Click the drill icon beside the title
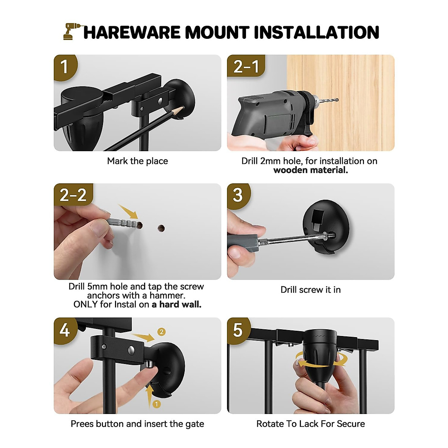[71, 31]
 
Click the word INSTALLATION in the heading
[317, 32]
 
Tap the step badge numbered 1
[65, 67]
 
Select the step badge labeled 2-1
[246, 66]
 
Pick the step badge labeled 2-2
[73, 195]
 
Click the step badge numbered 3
[238, 195]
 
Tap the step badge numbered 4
[65, 330]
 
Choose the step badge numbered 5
[238, 330]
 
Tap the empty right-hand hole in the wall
[161, 227]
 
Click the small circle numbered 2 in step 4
[161, 332]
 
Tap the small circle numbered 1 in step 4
[156, 404]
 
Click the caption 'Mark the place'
[137, 161]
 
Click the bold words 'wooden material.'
[310, 170]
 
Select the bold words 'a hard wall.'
[176, 304]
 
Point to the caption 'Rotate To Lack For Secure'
[310, 424]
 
